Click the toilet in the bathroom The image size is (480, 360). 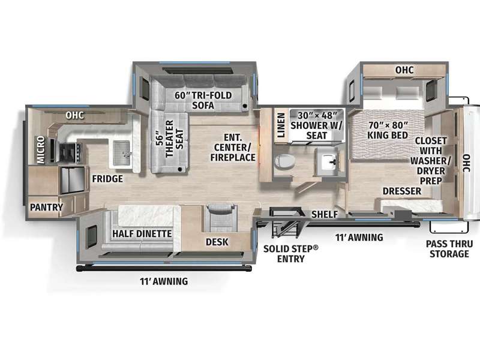coord(284,161)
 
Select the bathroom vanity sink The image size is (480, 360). coord(328,161)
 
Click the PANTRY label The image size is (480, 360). coord(46,207)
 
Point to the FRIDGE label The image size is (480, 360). coord(107,179)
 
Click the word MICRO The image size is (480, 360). coord(41,149)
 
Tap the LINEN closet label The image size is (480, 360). coord(281,125)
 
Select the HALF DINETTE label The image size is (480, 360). coord(142,234)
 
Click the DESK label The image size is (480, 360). coord(217,242)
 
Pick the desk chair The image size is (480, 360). coord(221,217)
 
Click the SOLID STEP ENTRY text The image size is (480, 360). coord(290,253)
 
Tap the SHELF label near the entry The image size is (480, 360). coord(325,214)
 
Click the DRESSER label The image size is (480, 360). coord(401,191)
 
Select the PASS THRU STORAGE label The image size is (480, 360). coord(449,249)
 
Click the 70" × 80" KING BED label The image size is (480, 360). coord(388,130)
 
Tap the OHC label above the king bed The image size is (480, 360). coord(404,70)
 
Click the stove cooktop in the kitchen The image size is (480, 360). coord(70,153)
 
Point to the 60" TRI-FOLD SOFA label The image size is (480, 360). coord(203,100)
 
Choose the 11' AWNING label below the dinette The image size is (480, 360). coord(164,281)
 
